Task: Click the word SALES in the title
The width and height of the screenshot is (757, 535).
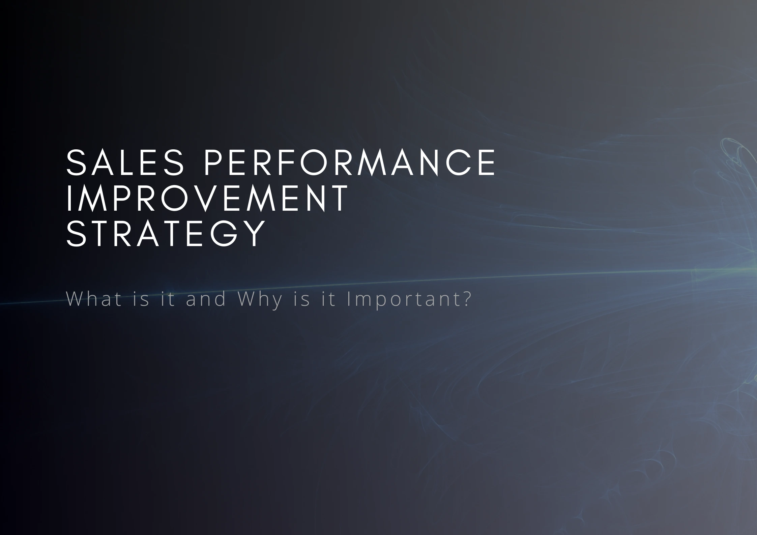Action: [125, 162]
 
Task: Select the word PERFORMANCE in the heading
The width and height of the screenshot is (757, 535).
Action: [350, 162]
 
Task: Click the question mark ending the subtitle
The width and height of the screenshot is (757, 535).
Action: [466, 299]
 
